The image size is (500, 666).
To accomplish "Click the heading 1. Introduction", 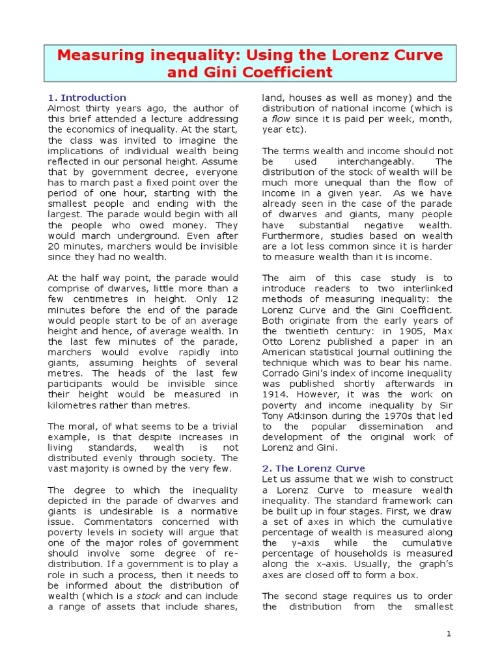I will click(x=87, y=98).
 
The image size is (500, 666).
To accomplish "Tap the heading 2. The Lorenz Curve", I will click(x=313, y=468).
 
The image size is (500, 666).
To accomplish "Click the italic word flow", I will click(x=281, y=119).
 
